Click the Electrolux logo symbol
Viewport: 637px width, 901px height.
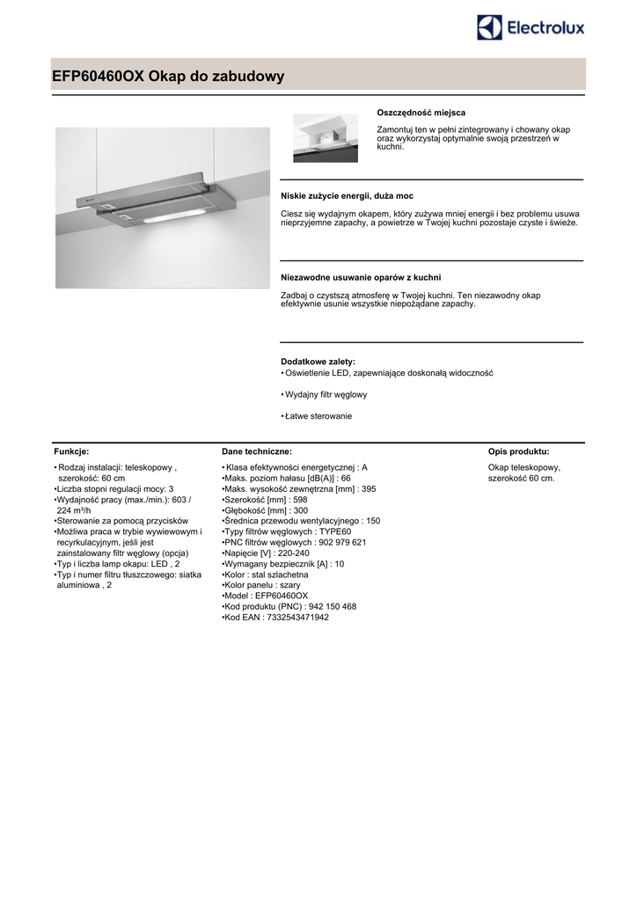[490, 27]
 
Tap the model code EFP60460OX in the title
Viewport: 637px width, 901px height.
[97, 77]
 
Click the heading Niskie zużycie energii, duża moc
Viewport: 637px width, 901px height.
[347, 195]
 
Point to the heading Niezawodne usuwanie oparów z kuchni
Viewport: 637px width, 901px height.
[361, 277]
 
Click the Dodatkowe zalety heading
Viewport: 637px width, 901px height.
[318, 362]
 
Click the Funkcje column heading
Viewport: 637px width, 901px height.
[71, 450]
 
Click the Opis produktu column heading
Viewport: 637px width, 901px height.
[518, 450]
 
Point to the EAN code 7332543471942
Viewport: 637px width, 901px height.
[300, 618]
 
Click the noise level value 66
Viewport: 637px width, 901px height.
[346, 478]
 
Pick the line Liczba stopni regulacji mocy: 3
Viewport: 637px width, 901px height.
[114, 488]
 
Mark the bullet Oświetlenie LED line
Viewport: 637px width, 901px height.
[387, 373]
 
